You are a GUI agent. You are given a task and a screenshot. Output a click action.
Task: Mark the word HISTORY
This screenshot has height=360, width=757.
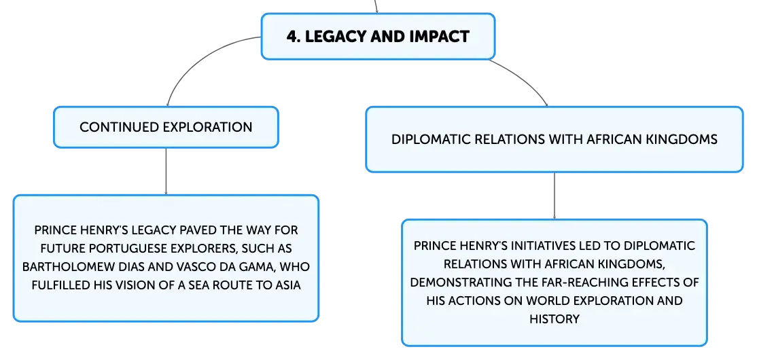pyautogui.click(x=554, y=319)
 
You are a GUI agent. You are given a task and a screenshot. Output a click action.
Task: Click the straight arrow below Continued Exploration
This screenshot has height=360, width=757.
pyautogui.click(x=166, y=171)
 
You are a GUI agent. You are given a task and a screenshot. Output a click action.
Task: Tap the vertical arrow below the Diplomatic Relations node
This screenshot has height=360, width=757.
pyautogui.click(x=554, y=196)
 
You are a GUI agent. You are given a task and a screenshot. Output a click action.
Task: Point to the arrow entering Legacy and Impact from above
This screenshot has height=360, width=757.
pyautogui.click(x=376, y=6)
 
